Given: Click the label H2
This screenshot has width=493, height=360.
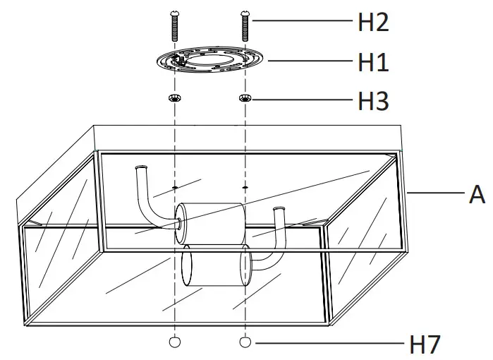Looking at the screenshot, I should pos(373,23).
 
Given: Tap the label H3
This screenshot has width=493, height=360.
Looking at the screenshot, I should pos(373,102).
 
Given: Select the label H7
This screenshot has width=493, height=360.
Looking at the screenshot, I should pos(425,344).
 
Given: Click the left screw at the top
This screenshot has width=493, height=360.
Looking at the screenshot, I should pos(174,28).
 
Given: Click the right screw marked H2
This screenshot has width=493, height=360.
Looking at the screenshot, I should pos(245,28).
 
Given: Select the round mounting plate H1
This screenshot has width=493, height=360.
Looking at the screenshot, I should pos(209,62).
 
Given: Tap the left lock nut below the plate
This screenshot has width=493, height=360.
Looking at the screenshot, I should pos(174,98).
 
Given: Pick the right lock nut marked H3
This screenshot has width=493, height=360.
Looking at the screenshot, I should pos(245,98).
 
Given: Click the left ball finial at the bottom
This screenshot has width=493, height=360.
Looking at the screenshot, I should pos(174,342).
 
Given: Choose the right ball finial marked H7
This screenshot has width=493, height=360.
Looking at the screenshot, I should pos(245,342).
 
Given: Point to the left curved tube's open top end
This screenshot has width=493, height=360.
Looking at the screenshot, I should pos(142,168).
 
